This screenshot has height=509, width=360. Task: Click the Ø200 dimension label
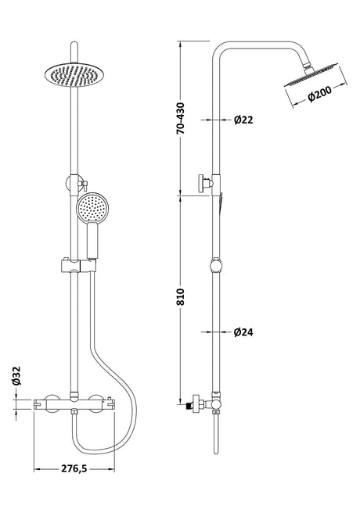coord(320,94)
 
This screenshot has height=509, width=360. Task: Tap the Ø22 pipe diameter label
coord(243,120)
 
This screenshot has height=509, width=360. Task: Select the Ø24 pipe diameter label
coord(243,332)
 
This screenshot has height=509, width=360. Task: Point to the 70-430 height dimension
coord(180,118)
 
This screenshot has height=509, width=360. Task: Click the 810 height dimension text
coord(180,296)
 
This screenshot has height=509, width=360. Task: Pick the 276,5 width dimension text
coord(74,468)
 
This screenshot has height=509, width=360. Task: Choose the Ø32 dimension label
coord(16,375)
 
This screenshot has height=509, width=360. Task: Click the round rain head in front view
coord(72,75)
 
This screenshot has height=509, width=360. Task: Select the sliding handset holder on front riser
coord(78,266)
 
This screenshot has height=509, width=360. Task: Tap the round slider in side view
coord(216,266)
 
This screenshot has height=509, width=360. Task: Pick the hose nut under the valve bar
coord(74,413)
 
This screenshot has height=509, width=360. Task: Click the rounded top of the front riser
coord(74,44)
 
